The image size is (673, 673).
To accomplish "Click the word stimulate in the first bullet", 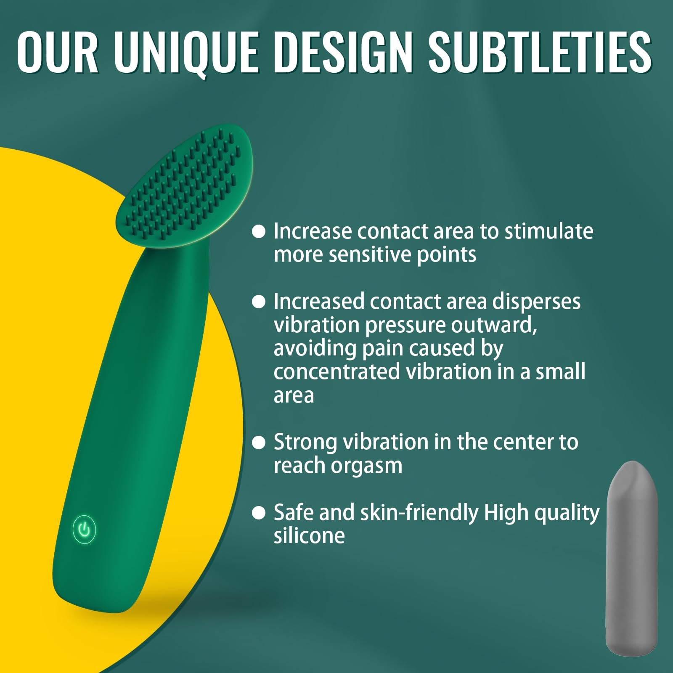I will pos(548,231).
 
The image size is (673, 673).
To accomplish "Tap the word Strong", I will pos(305,442).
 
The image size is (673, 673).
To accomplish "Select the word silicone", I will pos(309,536).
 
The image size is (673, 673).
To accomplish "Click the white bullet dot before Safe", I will pos(259,513).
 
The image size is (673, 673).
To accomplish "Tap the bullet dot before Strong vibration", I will pos(259,442).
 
